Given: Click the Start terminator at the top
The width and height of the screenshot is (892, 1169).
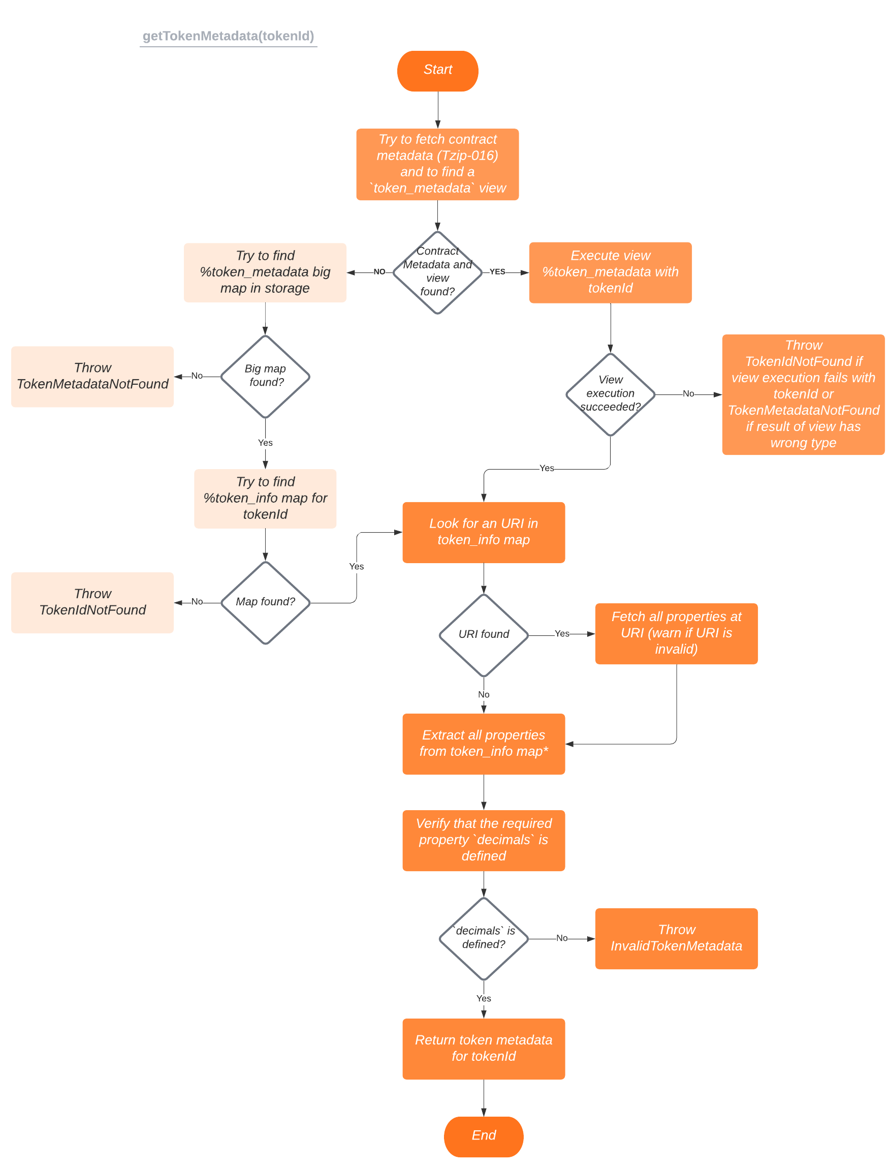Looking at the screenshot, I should click(437, 71).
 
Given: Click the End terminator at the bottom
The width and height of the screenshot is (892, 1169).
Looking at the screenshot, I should click(483, 1135).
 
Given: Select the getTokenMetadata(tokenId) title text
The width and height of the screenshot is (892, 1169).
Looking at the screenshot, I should click(228, 36).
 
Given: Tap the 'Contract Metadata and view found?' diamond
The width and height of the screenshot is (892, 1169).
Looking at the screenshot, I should click(437, 272).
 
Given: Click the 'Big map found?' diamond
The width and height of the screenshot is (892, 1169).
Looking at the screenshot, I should click(265, 376).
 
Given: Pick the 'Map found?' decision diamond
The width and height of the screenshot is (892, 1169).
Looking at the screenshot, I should click(265, 602).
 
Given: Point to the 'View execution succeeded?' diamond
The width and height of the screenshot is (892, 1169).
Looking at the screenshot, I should click(610, 394).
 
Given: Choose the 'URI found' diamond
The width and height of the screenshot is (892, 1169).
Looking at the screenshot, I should click(483, 634).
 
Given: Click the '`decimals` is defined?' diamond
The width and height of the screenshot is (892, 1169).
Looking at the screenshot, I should click(483, 938).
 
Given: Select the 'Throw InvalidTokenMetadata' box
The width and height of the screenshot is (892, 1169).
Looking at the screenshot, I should click(676, 938).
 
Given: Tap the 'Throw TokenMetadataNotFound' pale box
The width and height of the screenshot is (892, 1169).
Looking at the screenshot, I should click(92, 376).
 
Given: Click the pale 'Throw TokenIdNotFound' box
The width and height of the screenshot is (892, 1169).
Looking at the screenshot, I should click(92, 602).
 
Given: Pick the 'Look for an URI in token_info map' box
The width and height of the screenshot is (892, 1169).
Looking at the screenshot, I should click(483, 532).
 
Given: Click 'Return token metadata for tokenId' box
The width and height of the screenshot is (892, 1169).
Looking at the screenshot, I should click(483, 1048).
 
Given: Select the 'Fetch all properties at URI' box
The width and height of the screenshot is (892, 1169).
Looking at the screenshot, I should click(676, 633).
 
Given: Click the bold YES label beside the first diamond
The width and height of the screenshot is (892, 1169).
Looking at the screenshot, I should click(497, 271).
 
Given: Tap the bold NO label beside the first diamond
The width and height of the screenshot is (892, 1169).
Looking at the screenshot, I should click(379, 271).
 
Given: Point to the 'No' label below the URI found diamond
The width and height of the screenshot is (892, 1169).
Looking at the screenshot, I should click(483, 694).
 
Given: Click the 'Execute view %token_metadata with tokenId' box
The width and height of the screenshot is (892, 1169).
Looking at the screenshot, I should click(610, 272).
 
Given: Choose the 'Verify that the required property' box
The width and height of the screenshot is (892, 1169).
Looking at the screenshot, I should click(483, 840).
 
